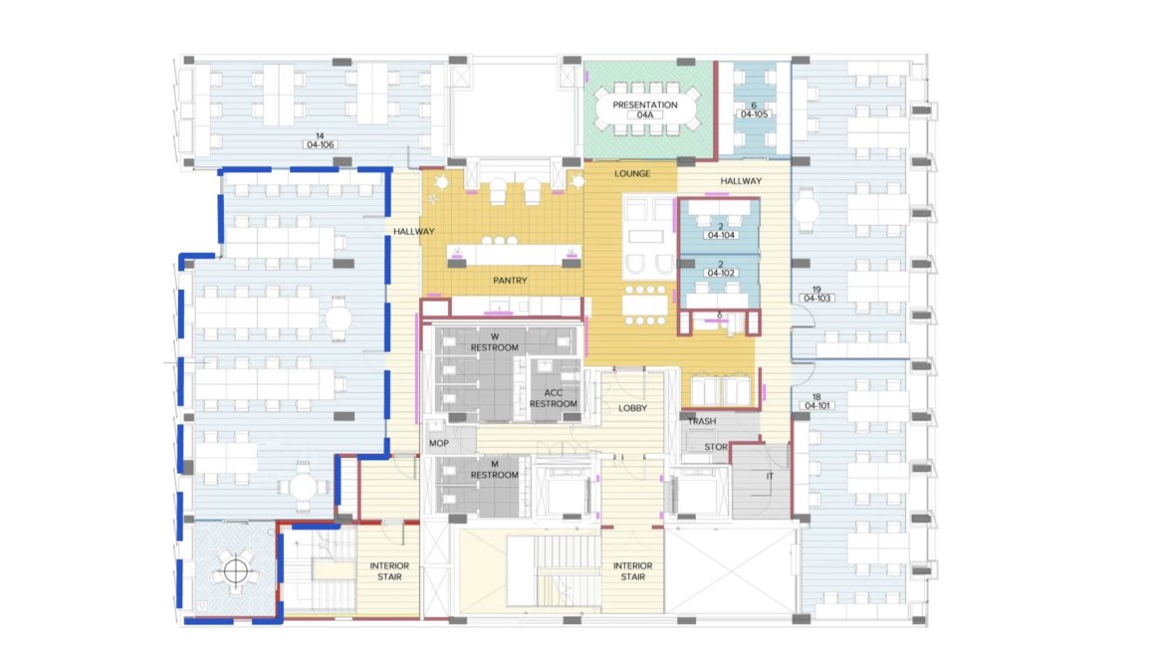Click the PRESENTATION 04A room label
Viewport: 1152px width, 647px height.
click(645, 109)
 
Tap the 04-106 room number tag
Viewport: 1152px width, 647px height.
click(321, 144)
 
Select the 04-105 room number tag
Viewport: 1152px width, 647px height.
click(754, 113)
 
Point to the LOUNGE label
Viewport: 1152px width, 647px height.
click(632, 174)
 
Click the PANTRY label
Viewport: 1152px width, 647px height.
click(510, 281)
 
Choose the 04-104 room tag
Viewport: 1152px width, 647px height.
click(721, 235)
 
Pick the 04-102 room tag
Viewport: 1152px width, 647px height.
click(721, 273)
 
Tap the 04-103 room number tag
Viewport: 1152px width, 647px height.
click(817, 299)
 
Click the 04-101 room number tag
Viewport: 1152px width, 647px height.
click(817, 405)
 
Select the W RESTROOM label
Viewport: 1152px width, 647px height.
click(495, 342)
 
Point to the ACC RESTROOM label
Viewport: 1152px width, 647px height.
click(554, 398)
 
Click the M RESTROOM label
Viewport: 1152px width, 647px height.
click(495, 469)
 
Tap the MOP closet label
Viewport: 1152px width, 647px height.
click(439, 444)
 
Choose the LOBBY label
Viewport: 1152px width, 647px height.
click(632, 408)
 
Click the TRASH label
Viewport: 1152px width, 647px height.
click(702, 421)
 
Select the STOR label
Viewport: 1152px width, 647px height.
click(716, 447)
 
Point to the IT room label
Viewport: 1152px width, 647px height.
click(770, 477)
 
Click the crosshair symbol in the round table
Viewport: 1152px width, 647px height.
click(235, 570)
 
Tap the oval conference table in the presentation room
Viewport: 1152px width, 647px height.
click(646, 109)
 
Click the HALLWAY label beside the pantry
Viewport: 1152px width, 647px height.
click(413, 231)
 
